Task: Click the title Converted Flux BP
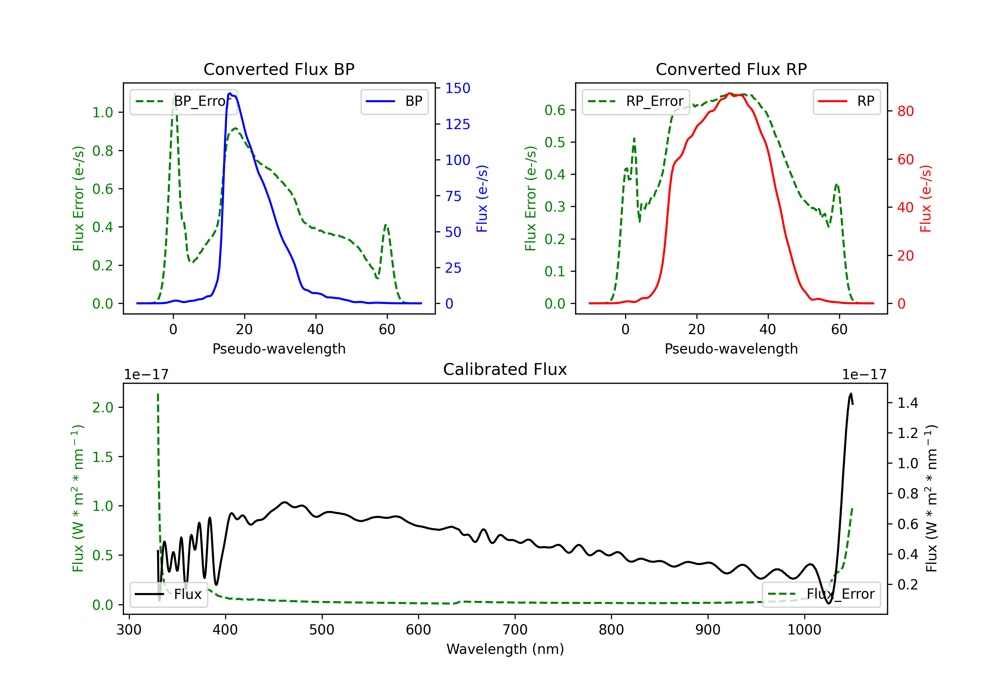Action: click(279, 69)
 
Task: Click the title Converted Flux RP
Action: click(731, 69)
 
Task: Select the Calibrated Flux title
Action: click(505, 369)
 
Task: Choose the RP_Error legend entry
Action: click(636, 101)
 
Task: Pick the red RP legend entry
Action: click(846, 101)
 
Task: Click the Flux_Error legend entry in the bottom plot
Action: click(821, 594)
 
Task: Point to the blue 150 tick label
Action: click(458, 88)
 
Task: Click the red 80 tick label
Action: click(906, 111)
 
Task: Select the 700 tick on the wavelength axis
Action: click(515, 630)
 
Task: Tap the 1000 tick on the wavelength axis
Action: click(804, 630)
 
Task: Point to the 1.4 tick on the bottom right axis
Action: click(908, 403)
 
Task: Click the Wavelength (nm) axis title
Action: click(505, 649)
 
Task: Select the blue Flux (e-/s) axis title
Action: click(482, 198)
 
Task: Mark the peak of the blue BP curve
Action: click(230, 93)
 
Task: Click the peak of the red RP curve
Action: click(729, 94)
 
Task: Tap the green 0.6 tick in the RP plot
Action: click(555, 110)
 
